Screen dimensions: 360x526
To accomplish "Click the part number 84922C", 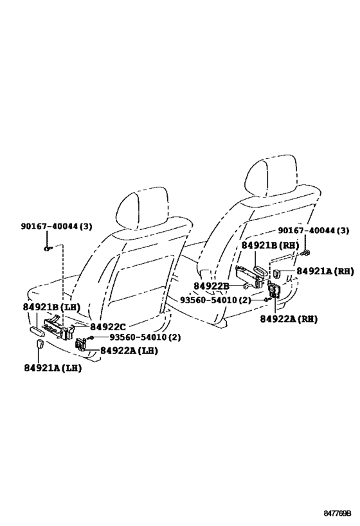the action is click(x=107, y=326).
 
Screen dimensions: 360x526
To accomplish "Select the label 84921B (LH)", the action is click(x=51, y=307).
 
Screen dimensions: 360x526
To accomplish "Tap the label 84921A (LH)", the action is click(x=53, y=368).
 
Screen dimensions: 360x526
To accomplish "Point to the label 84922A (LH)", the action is click(x=129, y=351).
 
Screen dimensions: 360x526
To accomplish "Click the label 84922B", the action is click(x=212, y=286).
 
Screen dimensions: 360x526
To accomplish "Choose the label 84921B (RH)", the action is click(x=271, y=245).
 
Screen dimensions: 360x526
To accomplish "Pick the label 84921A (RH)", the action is click(x=325, y=272).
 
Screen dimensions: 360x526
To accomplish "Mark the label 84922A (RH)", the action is click(x=289, y=319).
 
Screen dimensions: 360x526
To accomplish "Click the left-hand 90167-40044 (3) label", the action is click(x=56, y=227).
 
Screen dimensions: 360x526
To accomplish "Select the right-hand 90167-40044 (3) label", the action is click(x=313, y=231).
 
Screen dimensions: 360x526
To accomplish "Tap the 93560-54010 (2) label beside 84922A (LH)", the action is click(x=145, y=337).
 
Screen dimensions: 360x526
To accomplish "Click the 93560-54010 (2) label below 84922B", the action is click(x=215, y=300).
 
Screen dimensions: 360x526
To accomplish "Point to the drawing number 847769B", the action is click(x=337, y=513).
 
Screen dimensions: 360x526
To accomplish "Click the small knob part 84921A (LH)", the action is click(x=40, y=344).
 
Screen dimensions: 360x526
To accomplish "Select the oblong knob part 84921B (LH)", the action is click(x=37, y=331).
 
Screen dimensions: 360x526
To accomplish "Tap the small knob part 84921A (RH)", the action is click(x=277, y=274).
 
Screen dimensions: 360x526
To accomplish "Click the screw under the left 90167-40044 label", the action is click(x=47, y=249).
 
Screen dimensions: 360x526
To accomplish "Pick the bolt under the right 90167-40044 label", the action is click(x=306, y=252).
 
